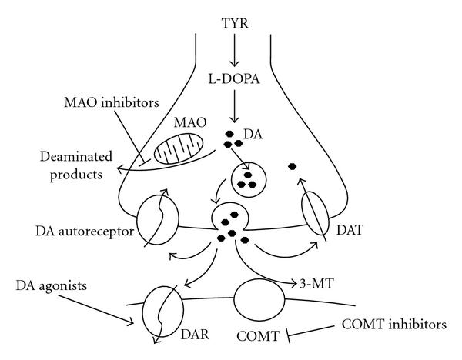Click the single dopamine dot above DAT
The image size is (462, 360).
292,165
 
